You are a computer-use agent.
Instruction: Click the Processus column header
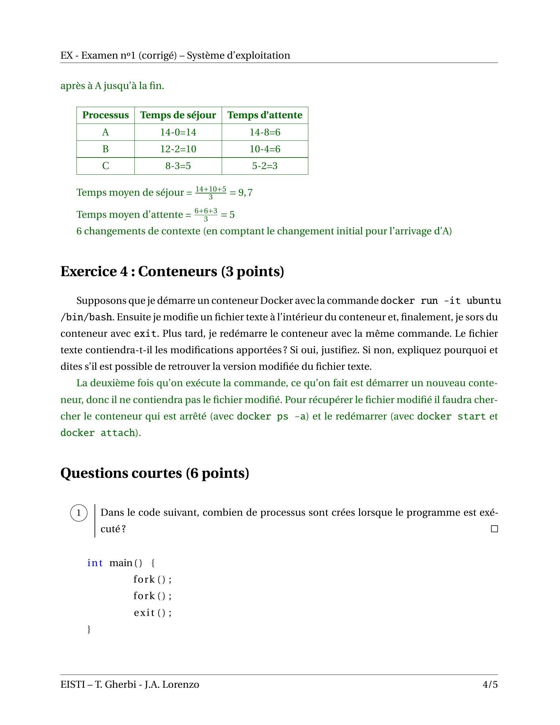[x=105, y=115]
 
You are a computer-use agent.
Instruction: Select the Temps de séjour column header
[x=178, y=115]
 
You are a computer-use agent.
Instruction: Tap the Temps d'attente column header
[x=265, y=115]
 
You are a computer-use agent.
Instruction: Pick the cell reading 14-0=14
[x=178, y=132]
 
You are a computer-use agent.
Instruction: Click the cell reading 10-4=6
[x=265, y=149]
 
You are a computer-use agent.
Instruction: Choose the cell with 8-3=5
[x=178, y=166]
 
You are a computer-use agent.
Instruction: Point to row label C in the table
[x=105, y=166]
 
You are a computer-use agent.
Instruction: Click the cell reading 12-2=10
[x=178, y=149]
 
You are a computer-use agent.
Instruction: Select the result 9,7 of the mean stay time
[x=245, y=192]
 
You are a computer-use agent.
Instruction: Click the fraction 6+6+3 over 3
[x=206, y=215]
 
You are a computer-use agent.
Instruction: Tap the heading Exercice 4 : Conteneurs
[x=172, y=272]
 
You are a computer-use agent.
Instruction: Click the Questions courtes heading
[x=154, y=473]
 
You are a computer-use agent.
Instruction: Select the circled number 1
[x=79, y=513]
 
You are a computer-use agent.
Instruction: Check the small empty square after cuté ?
[x=494, y=529]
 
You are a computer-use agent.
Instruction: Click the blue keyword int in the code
[x=95, y=563]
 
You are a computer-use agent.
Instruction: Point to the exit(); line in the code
[x=153, y=613]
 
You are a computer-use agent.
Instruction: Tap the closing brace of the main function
[x=89, y=629]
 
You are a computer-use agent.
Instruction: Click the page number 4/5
[x=490, y=684]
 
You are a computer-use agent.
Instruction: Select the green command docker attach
[x=98, y=433]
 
